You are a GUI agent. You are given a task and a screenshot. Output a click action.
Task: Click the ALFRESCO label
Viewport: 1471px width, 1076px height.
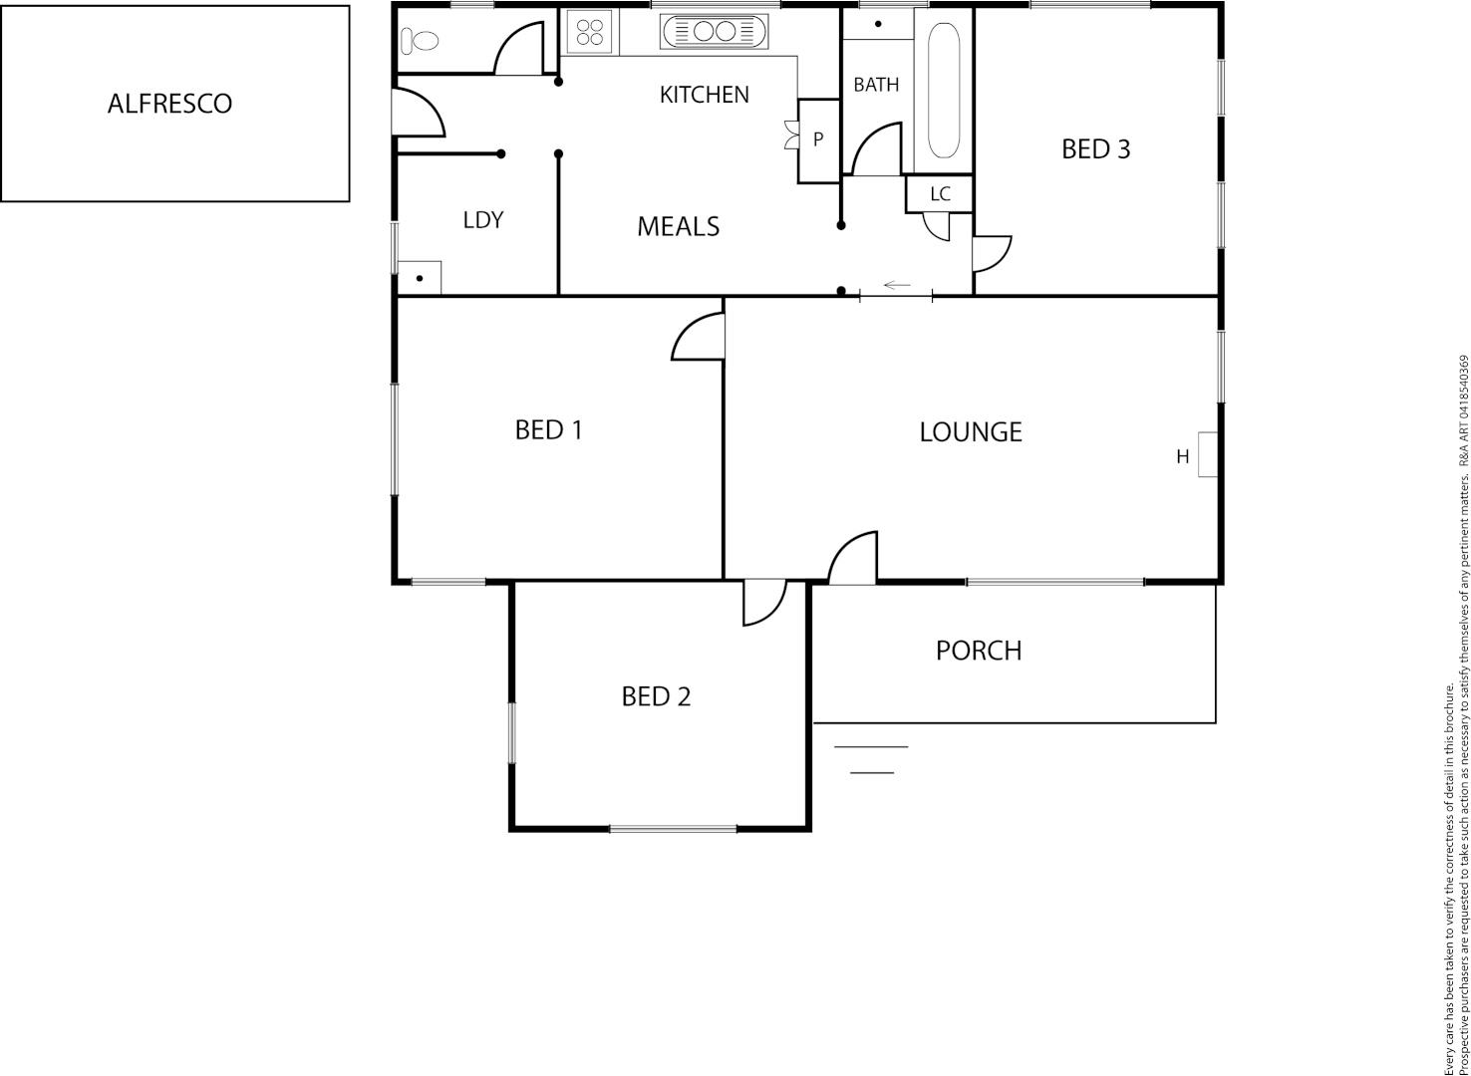(x=169, y=104)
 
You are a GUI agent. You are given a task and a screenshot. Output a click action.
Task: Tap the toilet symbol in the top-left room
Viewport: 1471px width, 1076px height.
(x=420, y=41)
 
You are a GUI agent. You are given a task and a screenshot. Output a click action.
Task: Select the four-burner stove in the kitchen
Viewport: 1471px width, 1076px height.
(x=590, y=31)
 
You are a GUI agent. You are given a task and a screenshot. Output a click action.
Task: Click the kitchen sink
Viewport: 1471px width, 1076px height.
(x=714, y=31)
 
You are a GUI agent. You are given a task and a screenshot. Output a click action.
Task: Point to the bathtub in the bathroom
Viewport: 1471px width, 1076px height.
(x=944, y=91)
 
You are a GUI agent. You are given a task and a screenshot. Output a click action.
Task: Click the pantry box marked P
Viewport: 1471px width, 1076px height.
(x=819, y=140)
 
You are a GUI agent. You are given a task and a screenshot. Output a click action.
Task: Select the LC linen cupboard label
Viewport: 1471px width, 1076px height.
(x=940, y=194)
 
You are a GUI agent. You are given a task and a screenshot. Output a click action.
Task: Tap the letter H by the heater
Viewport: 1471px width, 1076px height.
(x=1183, y=457)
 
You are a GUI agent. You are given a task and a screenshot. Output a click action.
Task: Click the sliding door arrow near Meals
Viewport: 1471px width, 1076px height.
(x=897, y=286)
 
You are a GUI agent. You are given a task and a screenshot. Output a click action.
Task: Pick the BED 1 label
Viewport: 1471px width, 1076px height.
(x=548, y=429)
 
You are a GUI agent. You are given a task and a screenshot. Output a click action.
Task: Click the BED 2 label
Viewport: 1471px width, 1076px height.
(x=656, y=696)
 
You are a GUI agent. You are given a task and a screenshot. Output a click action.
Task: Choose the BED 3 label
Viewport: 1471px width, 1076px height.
(x=1095, y=149)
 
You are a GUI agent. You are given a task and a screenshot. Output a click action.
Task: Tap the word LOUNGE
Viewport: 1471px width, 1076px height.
(x=971, y=431)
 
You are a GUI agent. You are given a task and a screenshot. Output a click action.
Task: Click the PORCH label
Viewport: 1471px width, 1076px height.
(x=979, y=651)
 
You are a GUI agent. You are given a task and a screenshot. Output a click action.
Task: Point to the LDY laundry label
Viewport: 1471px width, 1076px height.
(x=483, y=220)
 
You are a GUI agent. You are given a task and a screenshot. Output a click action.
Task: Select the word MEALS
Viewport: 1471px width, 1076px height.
(x=678, y=227)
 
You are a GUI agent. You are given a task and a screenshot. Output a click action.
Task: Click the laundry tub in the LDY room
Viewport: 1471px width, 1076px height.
(x=420, y=277)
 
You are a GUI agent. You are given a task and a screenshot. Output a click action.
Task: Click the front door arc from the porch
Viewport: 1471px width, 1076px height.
(x=855, y=559)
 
